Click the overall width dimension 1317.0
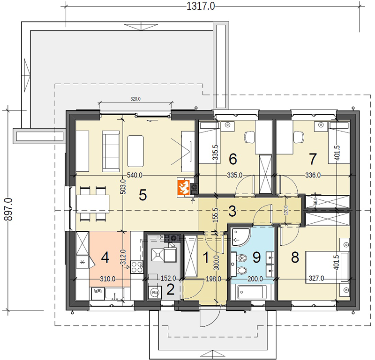click(x=201, y=6)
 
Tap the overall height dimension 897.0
click(x=9, y=210)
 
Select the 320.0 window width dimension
click(x=135, y=99)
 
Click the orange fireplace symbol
click(x=183, y=187)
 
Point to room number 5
click(x=143, y=195)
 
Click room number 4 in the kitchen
click(x=105, y=257)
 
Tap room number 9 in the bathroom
click(x=256, y=257)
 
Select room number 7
click(x=313, y=159)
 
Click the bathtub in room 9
click(x=252, y=292)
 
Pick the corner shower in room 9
click(x=240, y=237)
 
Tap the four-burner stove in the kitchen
click(x=136, y=267)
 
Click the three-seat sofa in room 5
click(x=111, y=151)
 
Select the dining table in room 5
click(x=93, y=204)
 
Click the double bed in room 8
click(x=327, y=267)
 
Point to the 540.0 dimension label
click(x=135, y=176)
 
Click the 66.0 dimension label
click(x=315, y=201)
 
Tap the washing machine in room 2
click(x=155, y=292)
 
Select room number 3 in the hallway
click(x=232, y=212)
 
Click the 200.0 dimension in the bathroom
click(x=255, y=279)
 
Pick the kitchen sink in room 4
click(x=115, y=294)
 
